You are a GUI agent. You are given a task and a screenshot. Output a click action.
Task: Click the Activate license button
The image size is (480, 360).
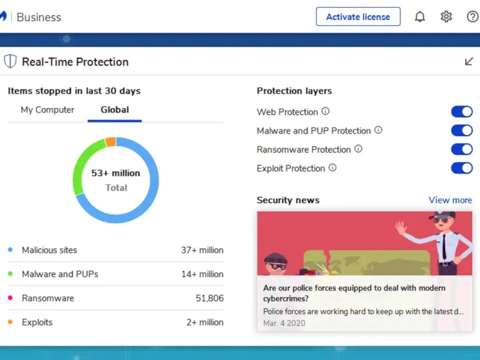(358, 17)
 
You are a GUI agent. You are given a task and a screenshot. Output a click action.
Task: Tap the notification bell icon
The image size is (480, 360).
(420, 17)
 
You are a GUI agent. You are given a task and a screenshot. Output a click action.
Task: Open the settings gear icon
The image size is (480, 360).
(446, 17)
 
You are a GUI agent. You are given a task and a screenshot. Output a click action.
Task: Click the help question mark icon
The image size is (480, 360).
(473, 17)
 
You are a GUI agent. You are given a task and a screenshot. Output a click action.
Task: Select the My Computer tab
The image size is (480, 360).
(47, 110)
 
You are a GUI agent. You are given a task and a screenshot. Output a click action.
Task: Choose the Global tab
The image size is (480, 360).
(115, 110)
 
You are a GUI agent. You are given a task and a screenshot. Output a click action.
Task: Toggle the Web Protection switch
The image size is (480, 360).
(462, 112)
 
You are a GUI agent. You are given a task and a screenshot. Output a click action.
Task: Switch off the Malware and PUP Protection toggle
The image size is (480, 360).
(462, 131)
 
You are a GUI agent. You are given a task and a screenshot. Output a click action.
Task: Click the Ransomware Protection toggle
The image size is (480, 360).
(462, 149)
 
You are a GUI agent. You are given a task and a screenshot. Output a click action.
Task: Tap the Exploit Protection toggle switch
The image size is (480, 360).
(462, 168)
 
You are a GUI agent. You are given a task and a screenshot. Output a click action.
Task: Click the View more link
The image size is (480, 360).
(450, 200)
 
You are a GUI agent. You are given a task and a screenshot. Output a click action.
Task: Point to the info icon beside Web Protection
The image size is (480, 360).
(326, 111)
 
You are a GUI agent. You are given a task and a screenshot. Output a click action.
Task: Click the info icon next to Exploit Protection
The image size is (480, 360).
(332, 168)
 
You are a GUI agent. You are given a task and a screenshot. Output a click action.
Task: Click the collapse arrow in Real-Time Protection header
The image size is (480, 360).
(469, 61)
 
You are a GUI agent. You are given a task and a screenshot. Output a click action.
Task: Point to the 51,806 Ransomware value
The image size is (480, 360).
(209, 298)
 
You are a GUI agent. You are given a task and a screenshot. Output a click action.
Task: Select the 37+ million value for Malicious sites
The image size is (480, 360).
(202, 250)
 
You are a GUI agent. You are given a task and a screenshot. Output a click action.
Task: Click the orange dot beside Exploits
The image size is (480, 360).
(10, 322)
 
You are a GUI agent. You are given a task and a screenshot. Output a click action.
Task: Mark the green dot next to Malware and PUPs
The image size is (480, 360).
(10, 274)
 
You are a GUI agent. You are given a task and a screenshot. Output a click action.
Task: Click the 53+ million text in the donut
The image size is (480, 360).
(116, 173)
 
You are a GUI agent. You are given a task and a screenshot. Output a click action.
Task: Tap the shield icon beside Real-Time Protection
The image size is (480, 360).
(10, 61)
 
